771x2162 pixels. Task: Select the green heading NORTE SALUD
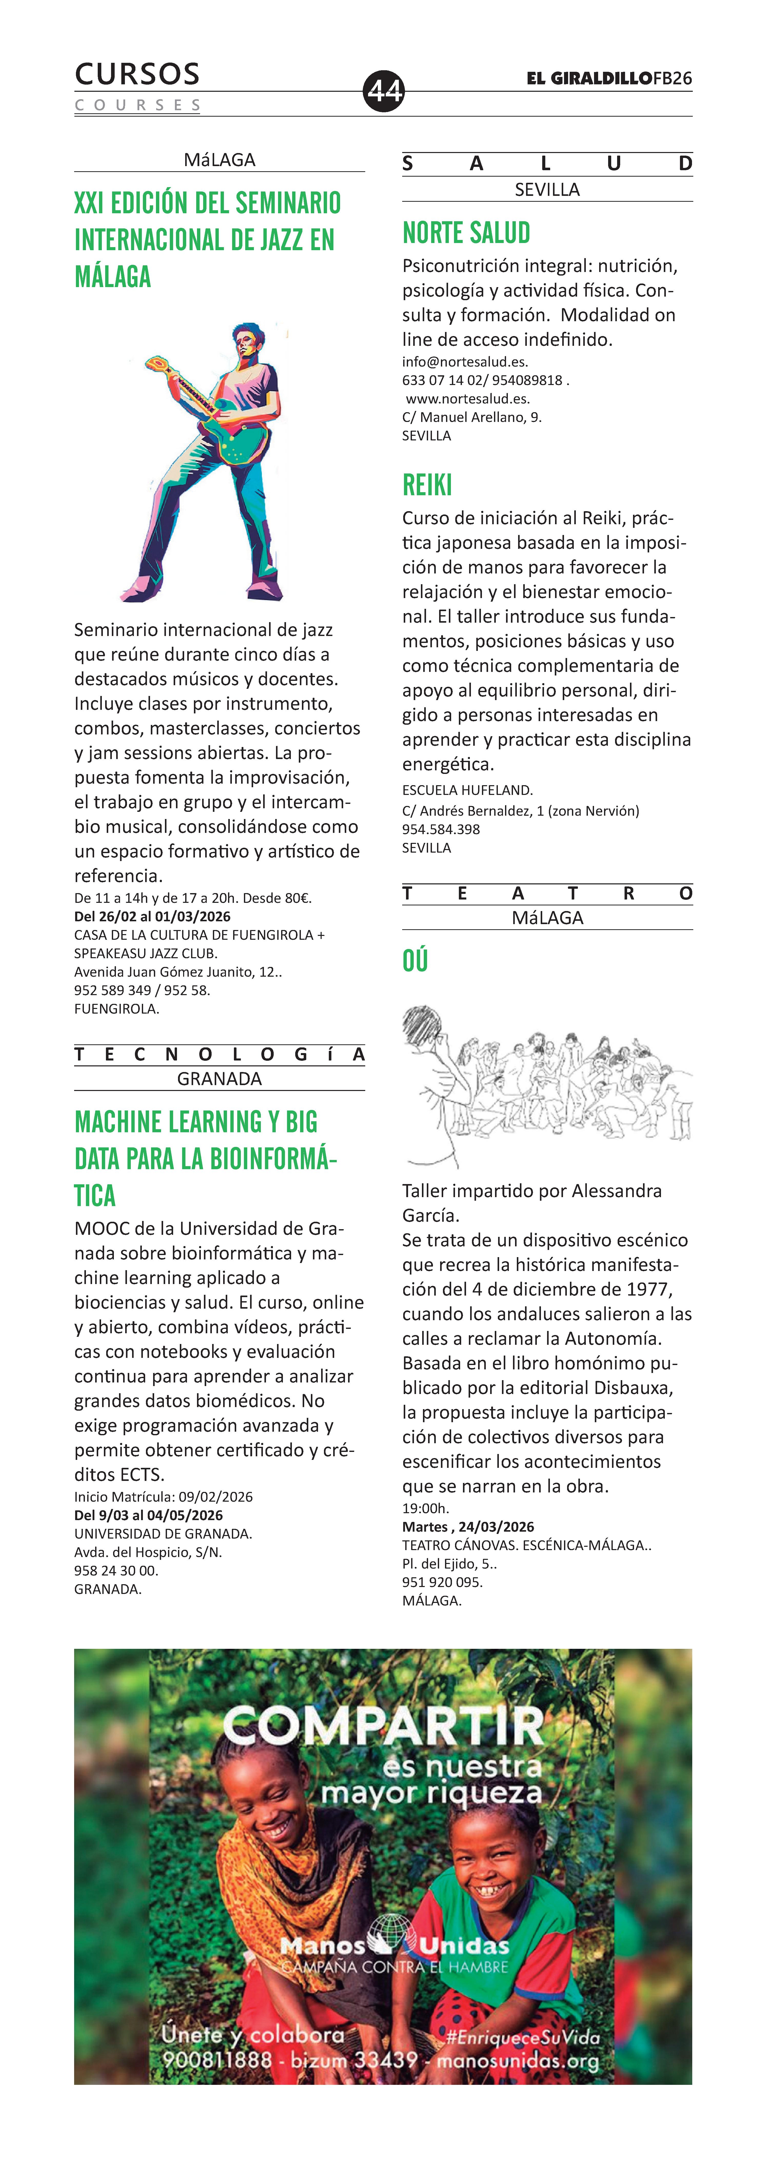coord(466,233)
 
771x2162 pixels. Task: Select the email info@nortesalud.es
coord(464,362)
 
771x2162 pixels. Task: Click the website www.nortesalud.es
coord(468,399)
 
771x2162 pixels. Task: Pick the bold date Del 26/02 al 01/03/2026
coord(152,916)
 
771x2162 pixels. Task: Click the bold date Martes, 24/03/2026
coord(468,1527)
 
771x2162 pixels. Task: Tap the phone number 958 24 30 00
coord(116,1570)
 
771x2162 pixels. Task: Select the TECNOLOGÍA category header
coord(219,1054)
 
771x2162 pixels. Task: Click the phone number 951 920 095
coord(443,1582)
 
